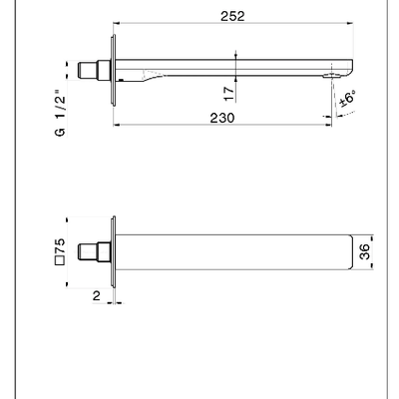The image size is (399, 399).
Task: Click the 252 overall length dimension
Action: point(232,16)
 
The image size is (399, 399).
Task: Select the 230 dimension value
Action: point(222,118)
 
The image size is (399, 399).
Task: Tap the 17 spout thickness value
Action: point(229,94)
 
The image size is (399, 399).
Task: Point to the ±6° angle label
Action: point(348,99)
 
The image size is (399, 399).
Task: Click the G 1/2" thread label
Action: point(60,113)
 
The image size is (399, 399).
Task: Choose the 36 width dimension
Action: point(364,251)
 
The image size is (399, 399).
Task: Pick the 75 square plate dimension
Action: point(61,246)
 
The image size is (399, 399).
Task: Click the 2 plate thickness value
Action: point(96,295)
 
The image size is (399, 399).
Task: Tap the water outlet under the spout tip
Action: point(331,76)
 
